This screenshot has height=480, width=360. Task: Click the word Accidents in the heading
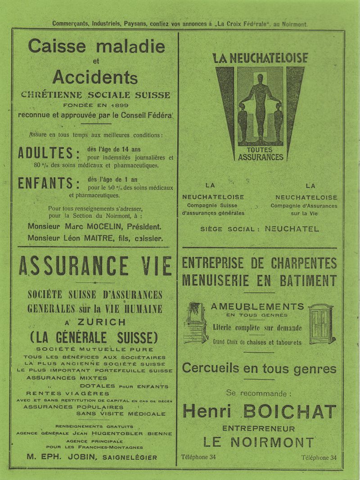(95, 77)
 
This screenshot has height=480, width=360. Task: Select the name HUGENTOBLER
(128, 434)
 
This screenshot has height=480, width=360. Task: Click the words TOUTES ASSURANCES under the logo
(261, 154)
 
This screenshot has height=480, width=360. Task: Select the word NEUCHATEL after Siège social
(292, 229)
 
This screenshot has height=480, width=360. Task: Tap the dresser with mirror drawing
(195, 323)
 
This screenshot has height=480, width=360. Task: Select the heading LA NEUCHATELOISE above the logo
(260, 58)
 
